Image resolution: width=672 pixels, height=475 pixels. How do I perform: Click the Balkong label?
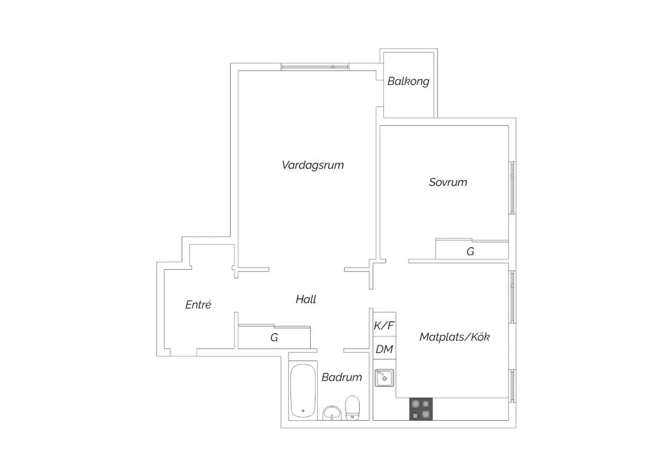408,81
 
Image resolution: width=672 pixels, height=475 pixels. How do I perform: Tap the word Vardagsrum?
313,165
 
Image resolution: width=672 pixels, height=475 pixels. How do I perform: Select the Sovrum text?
448,182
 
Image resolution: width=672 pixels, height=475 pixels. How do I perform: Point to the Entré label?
198,305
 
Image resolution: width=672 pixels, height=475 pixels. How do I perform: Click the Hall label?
306,299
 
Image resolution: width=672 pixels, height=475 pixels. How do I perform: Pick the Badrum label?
342,377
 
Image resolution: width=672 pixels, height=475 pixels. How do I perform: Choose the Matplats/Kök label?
455,337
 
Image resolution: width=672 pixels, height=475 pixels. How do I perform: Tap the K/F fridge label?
384,325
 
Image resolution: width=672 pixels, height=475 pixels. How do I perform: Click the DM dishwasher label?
384,349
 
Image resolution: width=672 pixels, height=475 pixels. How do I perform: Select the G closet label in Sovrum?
470,251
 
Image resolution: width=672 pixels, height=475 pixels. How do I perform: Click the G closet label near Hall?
274,337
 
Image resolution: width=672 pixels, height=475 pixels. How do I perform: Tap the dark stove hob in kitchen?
421,409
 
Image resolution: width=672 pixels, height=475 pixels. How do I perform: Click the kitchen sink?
384,378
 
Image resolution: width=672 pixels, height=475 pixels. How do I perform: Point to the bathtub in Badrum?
303,390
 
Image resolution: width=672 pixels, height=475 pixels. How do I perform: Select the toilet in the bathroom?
352,408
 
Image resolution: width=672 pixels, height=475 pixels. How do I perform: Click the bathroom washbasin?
332,413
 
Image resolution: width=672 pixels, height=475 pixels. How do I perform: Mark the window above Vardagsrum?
315,67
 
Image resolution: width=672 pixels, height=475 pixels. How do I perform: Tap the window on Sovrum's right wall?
512,188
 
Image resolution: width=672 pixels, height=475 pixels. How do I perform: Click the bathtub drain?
303,410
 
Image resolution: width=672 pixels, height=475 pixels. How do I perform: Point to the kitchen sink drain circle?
384,379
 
